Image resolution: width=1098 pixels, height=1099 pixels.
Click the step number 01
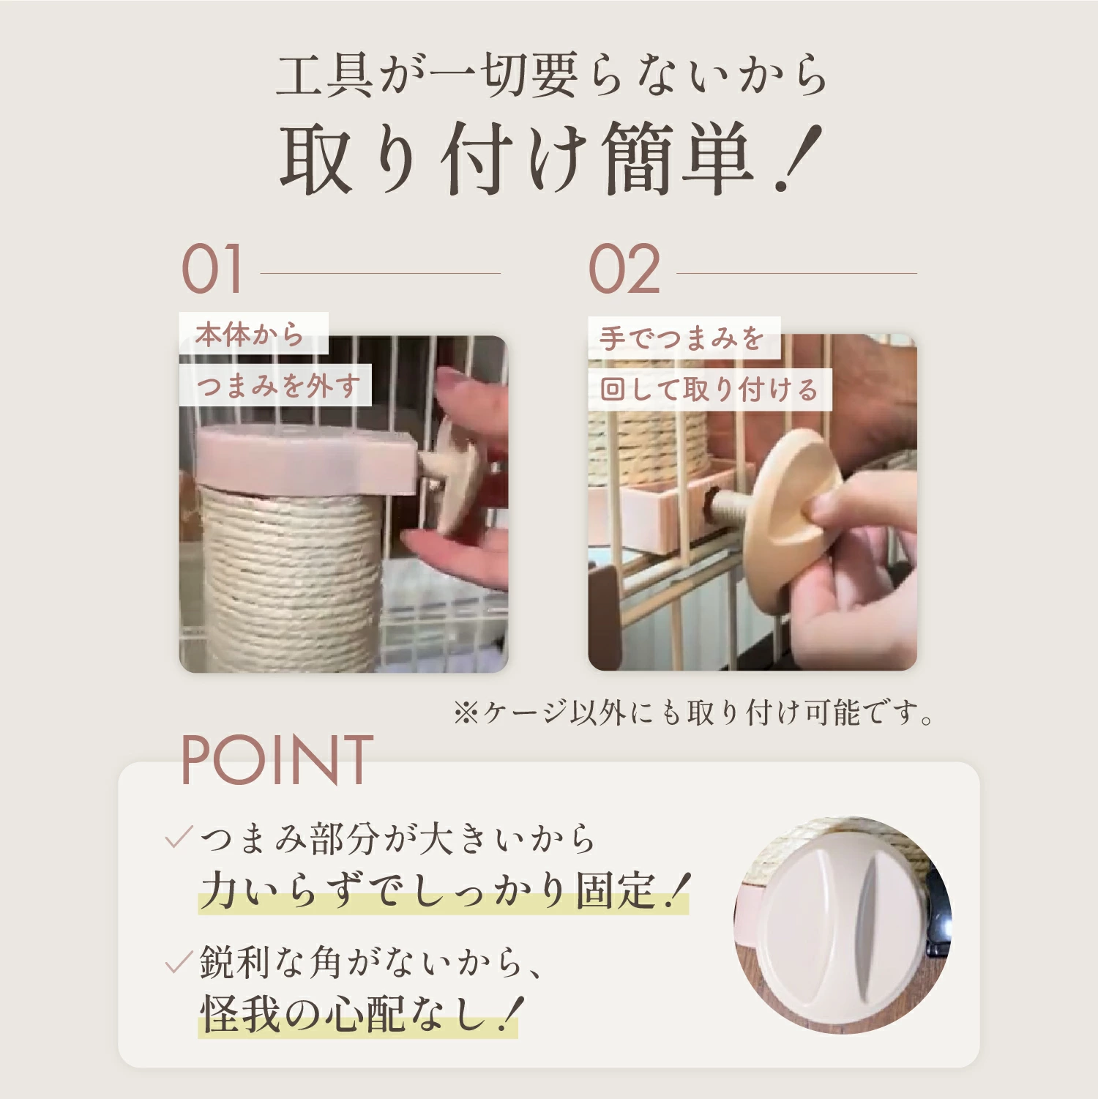(212, 269)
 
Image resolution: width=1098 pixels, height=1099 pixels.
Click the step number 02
(624, 269)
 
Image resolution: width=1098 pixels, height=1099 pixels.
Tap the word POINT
(277, 761)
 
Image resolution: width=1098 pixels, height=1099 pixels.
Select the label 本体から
(250, 335)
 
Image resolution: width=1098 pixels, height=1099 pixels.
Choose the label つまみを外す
(278, 385)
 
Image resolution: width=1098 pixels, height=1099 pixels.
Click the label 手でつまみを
(681, 338)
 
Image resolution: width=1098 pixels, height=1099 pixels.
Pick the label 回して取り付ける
(709, 390)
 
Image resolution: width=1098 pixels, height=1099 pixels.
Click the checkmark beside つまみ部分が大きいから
(178, 837)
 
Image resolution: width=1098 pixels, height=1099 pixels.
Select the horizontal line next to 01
(381, 273)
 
